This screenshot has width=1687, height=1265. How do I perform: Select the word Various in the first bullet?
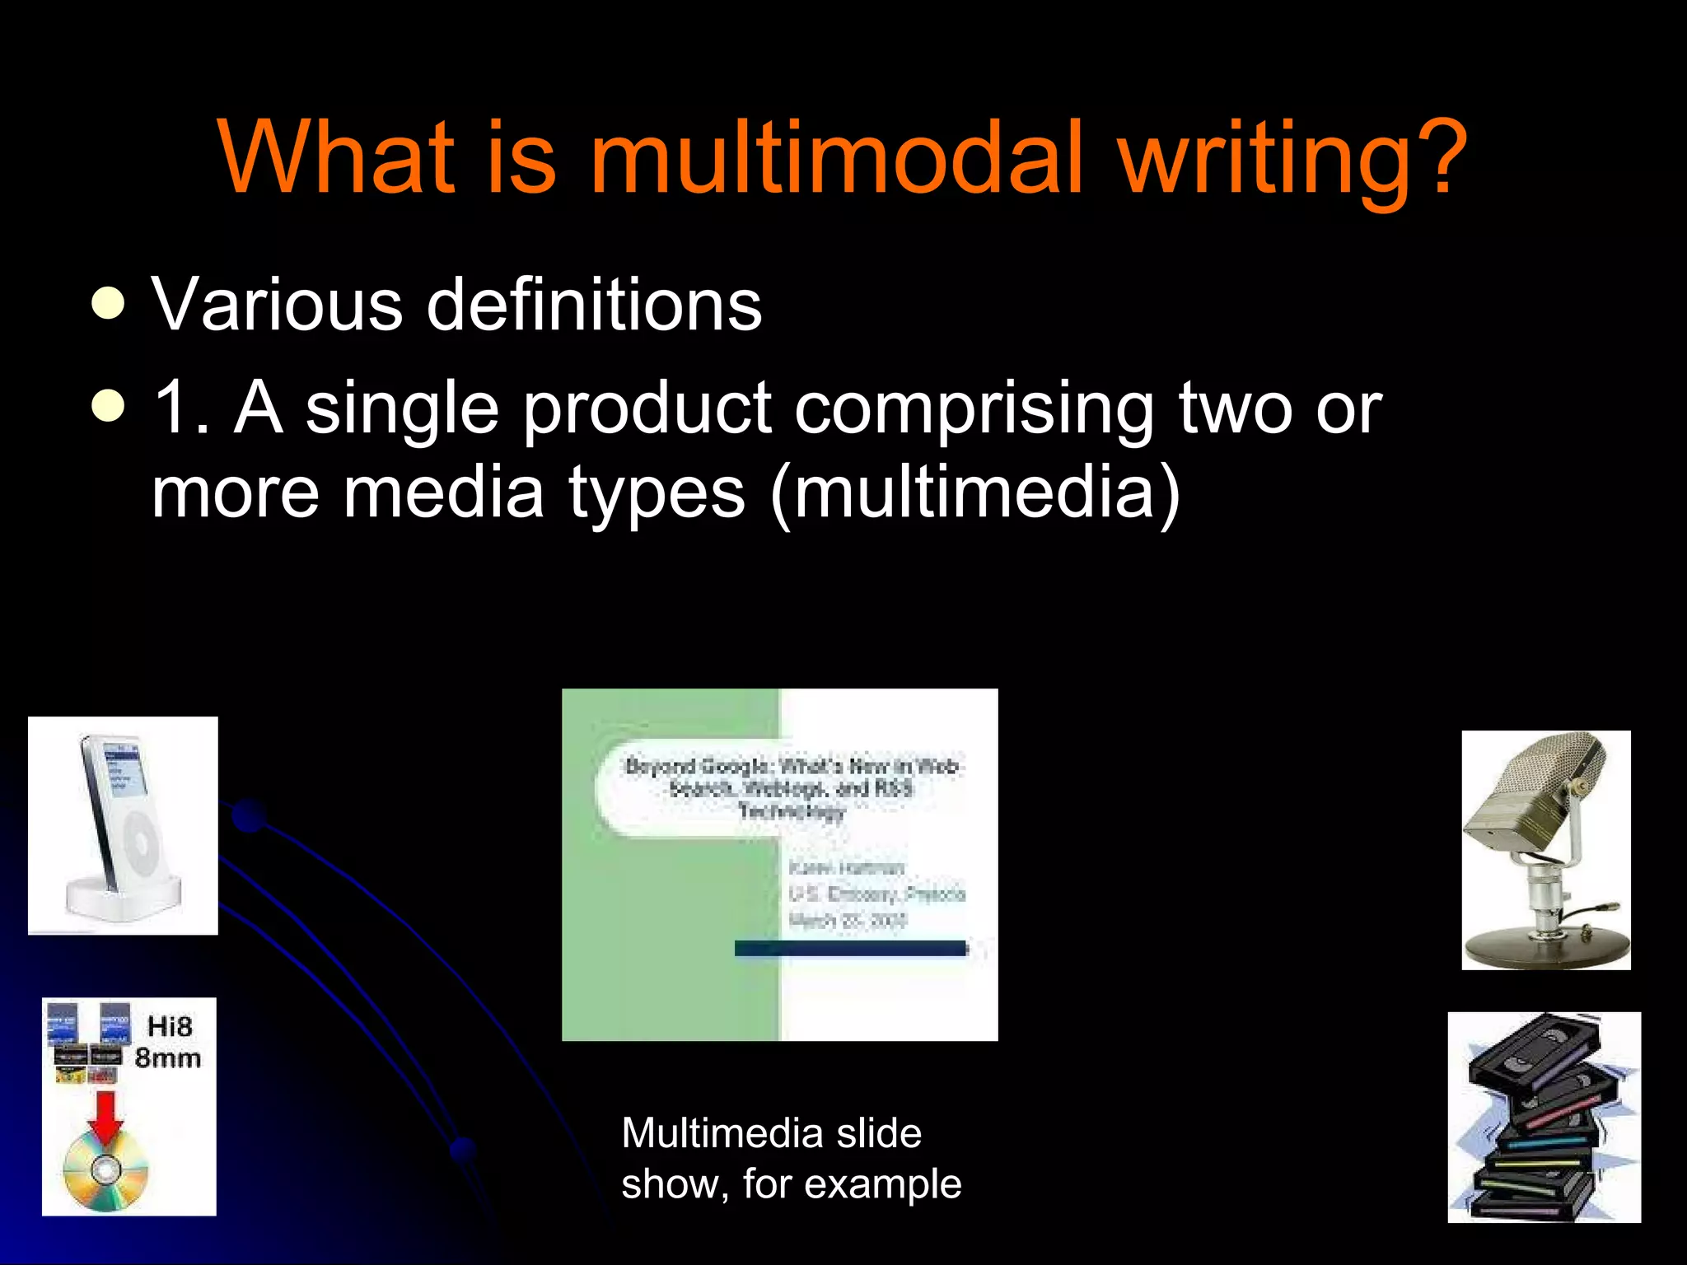[277, 305]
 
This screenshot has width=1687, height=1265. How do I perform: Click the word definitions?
[594, 305]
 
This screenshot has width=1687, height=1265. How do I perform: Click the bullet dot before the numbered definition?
[109, 405]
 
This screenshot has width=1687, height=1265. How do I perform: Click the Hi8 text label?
[170, 1026]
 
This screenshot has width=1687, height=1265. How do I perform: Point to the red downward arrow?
[106, 1117]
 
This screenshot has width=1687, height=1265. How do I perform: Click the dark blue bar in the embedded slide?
[850, 949]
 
